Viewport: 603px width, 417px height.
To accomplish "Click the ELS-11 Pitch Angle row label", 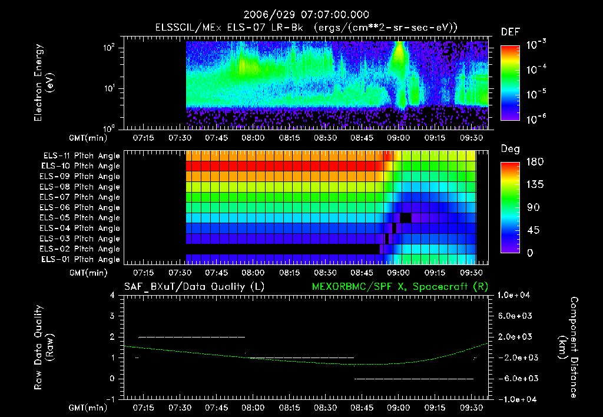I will coord(81,155).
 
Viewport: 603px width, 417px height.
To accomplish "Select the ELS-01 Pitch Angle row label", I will coord(80,259).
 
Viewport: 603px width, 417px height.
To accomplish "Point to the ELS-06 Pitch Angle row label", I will coord(80,207).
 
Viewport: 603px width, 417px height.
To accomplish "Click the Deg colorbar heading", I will coord(510,149).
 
